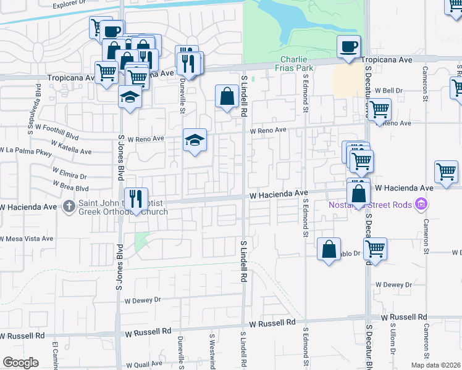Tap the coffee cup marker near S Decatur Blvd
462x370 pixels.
click(x=348, y=46)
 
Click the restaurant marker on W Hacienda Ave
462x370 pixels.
click(x=136, y=199)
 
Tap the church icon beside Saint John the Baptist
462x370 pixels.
click(x=70, y=207)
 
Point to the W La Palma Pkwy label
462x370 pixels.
click(x=26, y=150)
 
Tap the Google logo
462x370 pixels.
click(x=20, y=362)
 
